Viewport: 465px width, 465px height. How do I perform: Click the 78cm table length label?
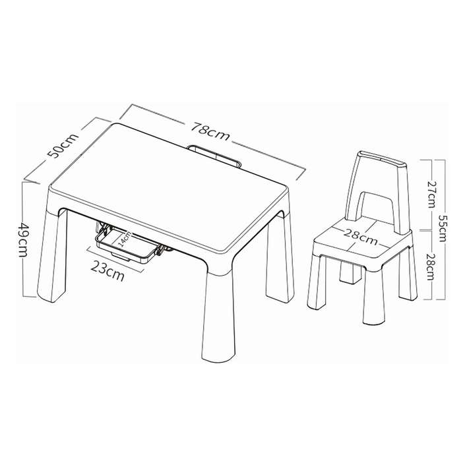click(210, 131)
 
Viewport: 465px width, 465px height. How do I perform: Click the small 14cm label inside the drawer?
click(124, 239)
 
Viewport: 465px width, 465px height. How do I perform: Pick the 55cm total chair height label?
click(441, 228)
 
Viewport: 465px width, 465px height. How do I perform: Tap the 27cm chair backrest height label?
click(431, 194)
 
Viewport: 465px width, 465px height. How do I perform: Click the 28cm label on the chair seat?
click(361, 237)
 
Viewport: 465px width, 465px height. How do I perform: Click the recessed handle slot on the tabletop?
click(215, 156)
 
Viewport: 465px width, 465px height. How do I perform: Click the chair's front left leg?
click(317, 282)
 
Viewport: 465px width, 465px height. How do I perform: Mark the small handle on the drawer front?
click(121, 257)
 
